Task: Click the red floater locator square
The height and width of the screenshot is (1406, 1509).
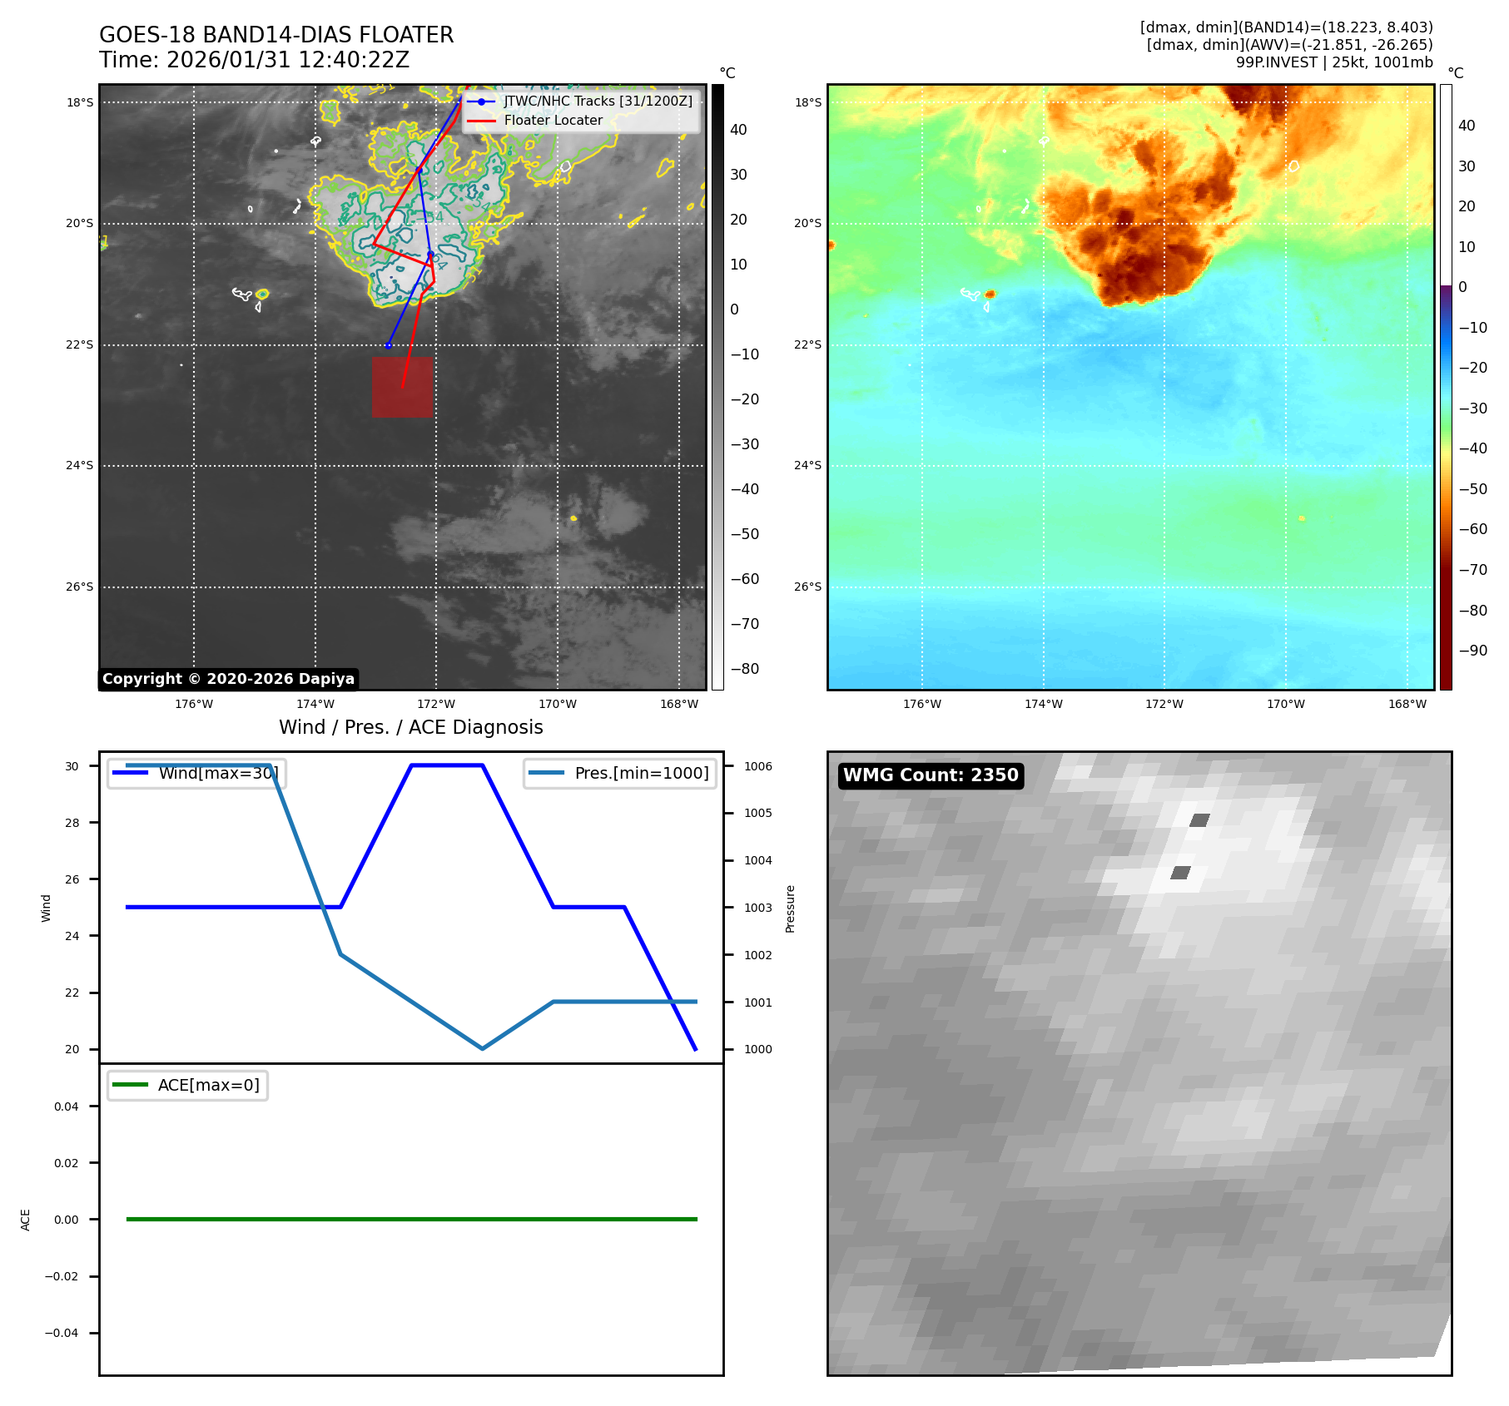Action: pyautogui.click(x=402, y=387)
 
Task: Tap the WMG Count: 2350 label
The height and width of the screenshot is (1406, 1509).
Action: pyautogui.click(x=931, y=775)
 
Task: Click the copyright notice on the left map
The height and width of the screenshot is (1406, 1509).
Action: pyautogui.click(x=228, y=679)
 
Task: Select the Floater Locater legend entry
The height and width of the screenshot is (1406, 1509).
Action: pyautogui.click(x=553, y=121)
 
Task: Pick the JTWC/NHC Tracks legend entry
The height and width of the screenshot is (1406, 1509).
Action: pyautogui.click(x=598, y=101)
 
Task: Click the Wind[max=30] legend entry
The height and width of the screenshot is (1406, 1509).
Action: pyautogui.click(x=217, y=773)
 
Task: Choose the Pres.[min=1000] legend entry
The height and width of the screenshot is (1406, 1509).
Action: pyautogui.click(x=641, y=773)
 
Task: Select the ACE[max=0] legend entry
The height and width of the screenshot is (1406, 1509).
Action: pyautogui.click(x=208, y=1085)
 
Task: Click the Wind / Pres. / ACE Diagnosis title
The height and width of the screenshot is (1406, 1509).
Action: pyautogui.click(x=410, y=727)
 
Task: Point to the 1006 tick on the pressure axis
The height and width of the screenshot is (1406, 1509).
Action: pyautogui.click(x=757, y=766)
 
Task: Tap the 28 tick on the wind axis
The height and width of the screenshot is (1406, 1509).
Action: pyautogui.click(x=72, y=823)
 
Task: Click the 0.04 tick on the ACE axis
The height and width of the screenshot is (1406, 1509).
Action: pyautogui.click(x=66, y=1106)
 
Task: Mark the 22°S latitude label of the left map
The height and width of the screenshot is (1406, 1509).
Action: pyautogui.click(x=80, y=344)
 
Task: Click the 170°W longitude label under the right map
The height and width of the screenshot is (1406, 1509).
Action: pyautogui.click(x=1285, y=704)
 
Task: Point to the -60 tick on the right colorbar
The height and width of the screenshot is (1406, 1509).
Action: pyautogui.click(x=1472, y=529)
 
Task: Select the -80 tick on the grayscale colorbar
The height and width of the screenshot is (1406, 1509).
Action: pyautogui.click(x=744, y=669)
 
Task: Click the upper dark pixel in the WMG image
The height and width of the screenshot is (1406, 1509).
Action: pyautogui.click(x=1199, y=820)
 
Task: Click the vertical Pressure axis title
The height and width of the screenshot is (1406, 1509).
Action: pyautogui.click(x=790, y=908)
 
